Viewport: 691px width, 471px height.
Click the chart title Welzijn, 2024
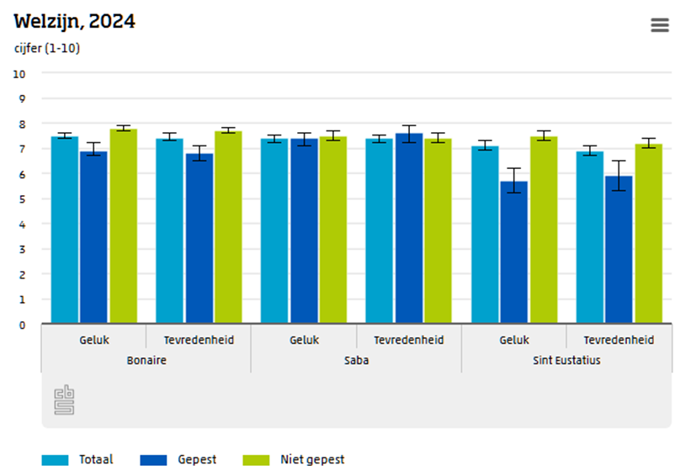point(74,22)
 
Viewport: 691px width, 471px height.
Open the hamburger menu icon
point(660,25)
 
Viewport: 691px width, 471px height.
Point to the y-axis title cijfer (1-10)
point(47,48)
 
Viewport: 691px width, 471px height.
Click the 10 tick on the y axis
point(20,74)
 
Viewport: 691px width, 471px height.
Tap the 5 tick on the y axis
point(22,199)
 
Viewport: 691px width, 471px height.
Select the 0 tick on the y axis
point(22,325)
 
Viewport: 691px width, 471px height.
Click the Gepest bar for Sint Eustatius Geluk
point(514,252)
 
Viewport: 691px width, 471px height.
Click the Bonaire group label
point(146,360)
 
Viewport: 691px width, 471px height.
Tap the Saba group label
point(356,360)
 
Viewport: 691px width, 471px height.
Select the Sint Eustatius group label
point(566,360)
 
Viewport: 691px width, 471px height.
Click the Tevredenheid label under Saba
point(408,340)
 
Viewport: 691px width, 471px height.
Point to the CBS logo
point(65,400)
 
